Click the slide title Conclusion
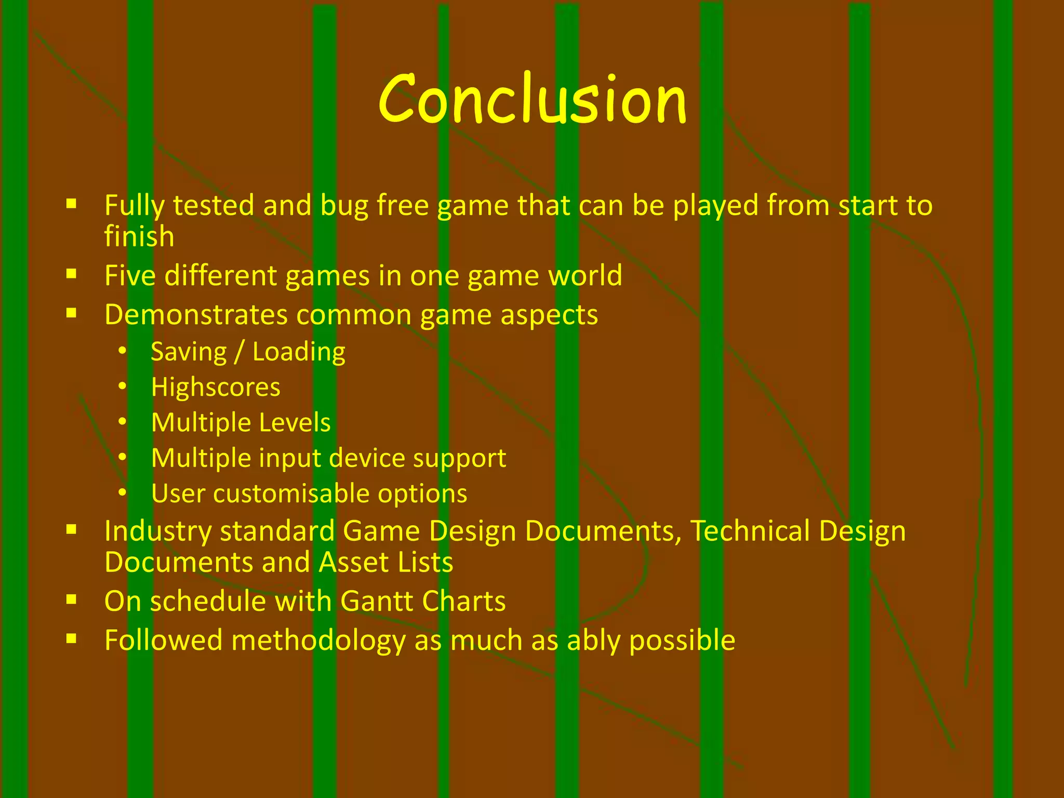pos(533,99)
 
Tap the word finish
pos(139,236)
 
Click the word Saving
pos(189,352)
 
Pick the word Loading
pos(299,352)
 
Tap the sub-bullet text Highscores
pos(216,388)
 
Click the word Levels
pos(295,422)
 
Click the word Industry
pos(158,531)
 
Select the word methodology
pos(318,641)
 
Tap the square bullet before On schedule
pos(72,600)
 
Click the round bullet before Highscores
pos(122,387)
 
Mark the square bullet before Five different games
pos(72,273)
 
